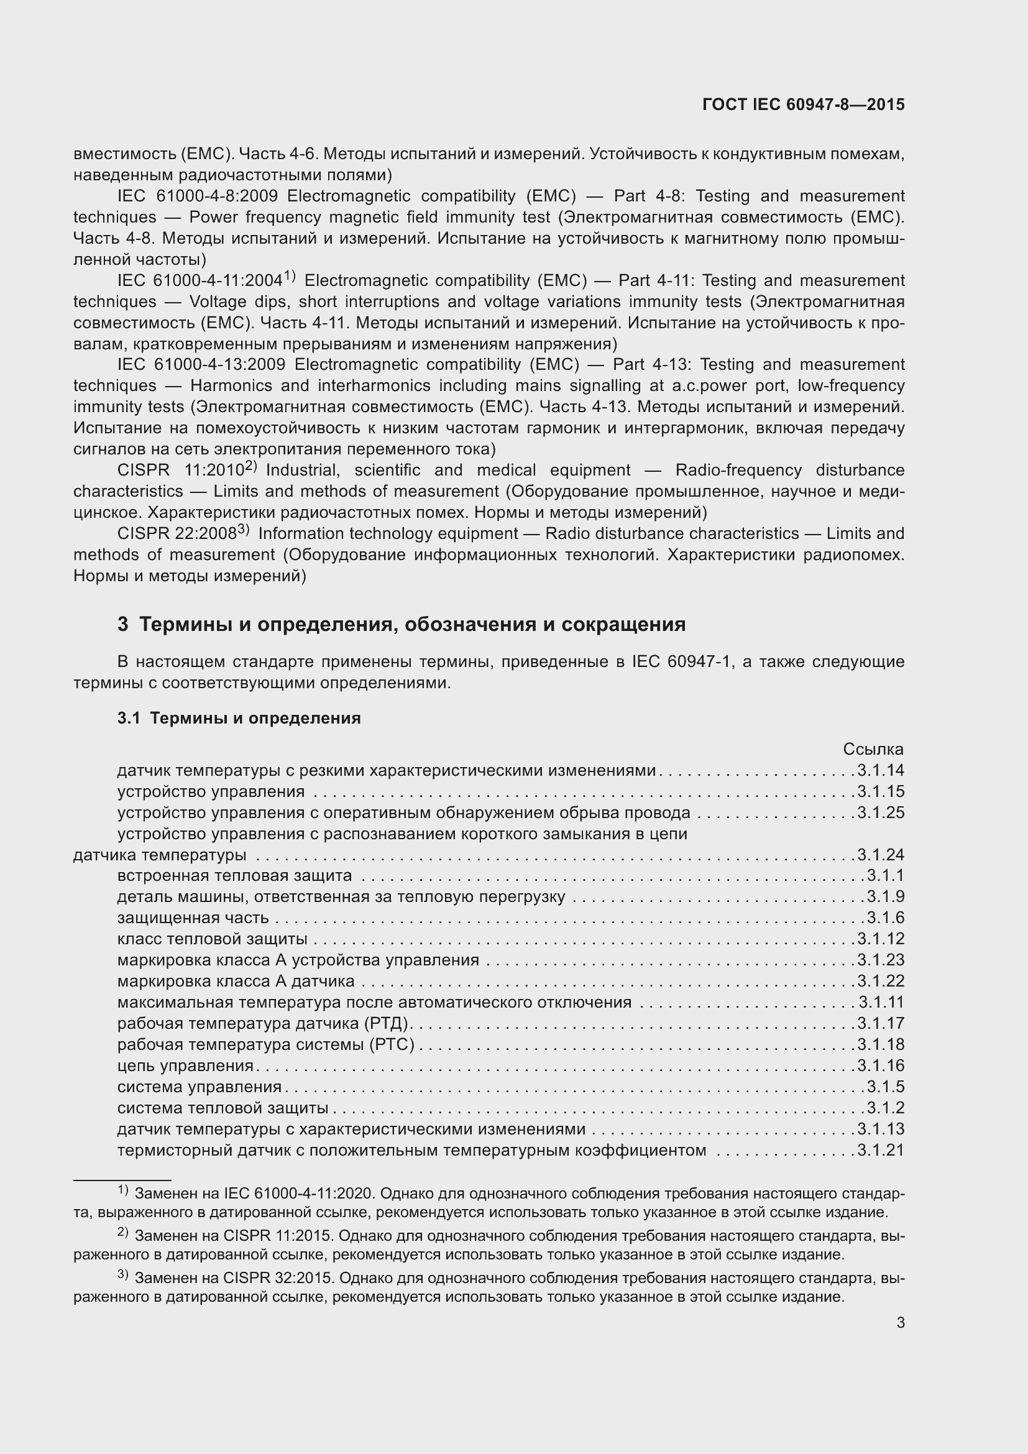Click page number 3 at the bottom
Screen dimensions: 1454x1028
tap(900, 1322)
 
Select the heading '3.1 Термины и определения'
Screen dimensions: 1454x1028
tap(239, 718)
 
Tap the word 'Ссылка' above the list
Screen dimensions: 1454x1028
tap(873, 749)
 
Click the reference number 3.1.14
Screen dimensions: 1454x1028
tap(881, 771)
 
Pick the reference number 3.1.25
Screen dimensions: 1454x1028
tap(881, 812)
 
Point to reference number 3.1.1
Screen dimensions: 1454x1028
tap(885, 876)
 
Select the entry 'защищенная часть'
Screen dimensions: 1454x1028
tap(193, 918)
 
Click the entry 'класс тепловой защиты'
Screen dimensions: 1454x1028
tap(212, 939)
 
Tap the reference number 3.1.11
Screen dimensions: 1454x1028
tap(881, 1002)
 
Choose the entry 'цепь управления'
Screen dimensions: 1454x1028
tap(185, 1065)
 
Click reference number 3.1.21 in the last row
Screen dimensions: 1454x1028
tap(881, 1150)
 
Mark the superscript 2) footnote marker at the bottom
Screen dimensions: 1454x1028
tap(123, 1233)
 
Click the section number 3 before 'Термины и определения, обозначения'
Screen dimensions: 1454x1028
tap(123, 624)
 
